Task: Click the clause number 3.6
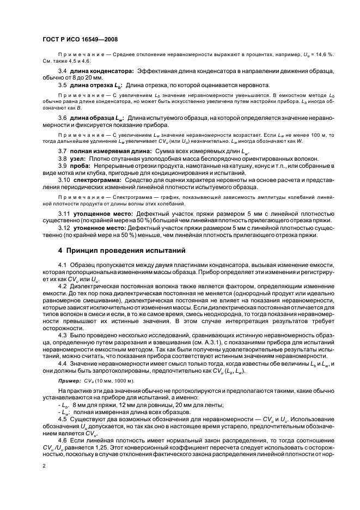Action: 63,118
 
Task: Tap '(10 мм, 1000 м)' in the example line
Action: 113,380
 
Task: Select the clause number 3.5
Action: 63,85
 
